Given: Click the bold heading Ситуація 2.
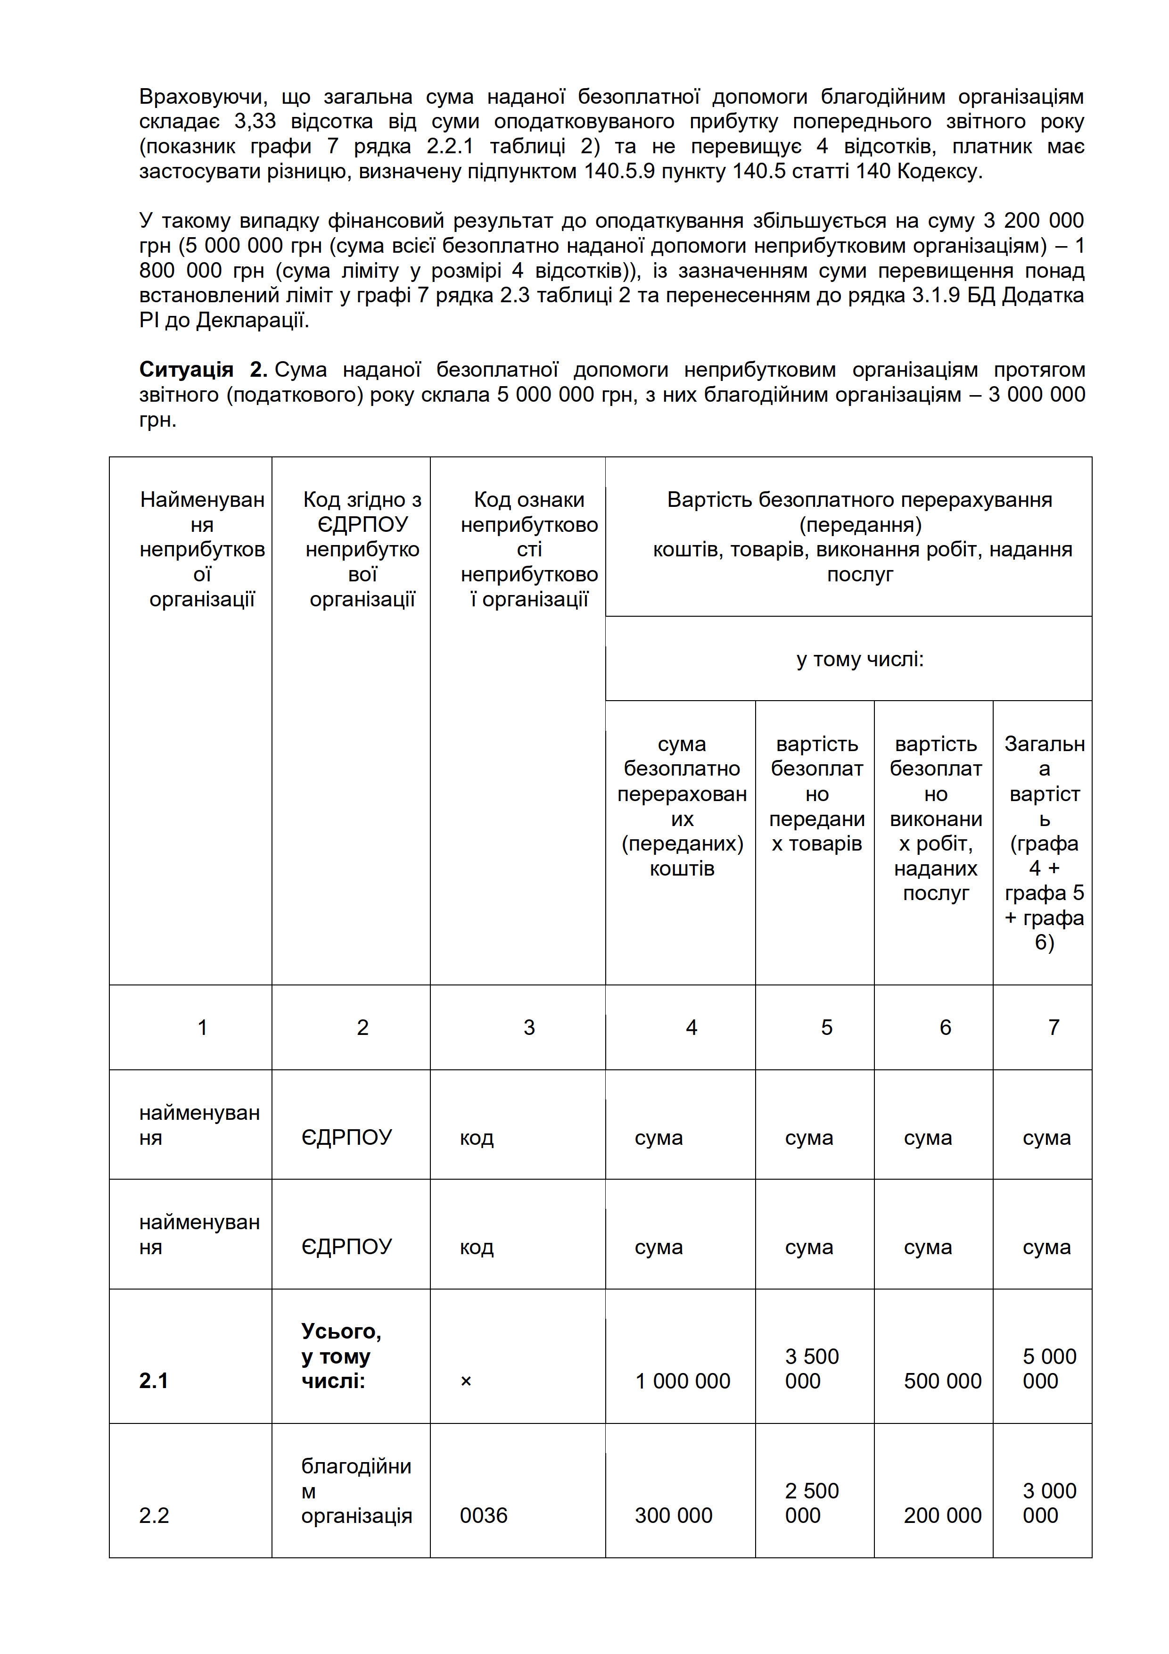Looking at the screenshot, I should [x=203, y=370].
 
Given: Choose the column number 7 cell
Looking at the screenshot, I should [x=1053, y=1027].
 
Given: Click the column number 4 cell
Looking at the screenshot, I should [x=692, y=1027].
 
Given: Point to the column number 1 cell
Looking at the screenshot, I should [x=202, y=1027].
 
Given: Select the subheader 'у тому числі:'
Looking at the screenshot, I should [x=859, y=659].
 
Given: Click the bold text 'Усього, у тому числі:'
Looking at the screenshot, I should [x=341, y=1356].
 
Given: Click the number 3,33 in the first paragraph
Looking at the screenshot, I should [x=255, y=121].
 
